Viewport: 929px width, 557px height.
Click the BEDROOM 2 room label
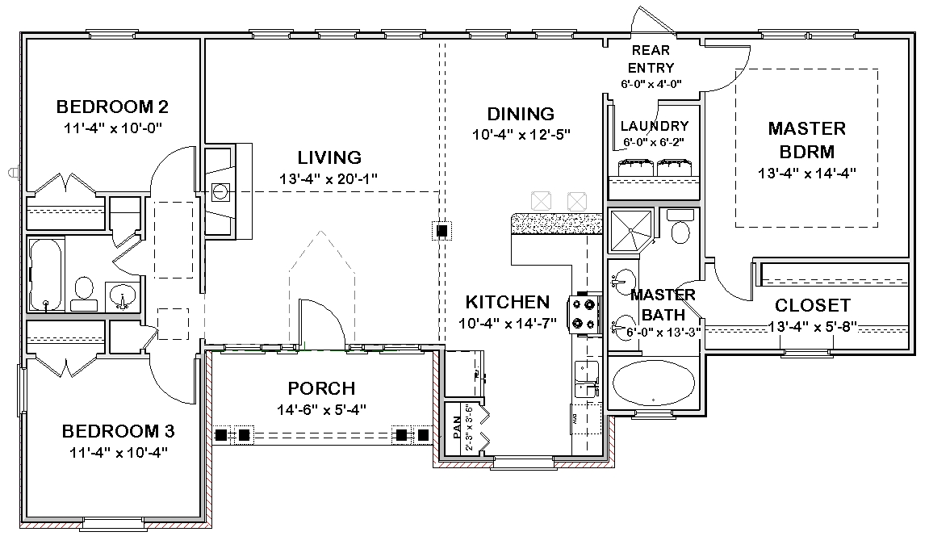click(x=112, y=107)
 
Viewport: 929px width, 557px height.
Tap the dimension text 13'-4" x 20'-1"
click(x=328, y=178)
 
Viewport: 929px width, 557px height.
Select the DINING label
click(x=521, y=114)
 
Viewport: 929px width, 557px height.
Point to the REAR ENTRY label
click(x=651, y=59)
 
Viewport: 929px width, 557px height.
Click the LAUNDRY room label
click(x=655, y=126)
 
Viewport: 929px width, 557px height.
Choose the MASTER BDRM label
click(x=807, y=140)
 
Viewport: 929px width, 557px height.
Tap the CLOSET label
click(x=813, y=305)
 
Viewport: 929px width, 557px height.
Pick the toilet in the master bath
click(x=680, y=226)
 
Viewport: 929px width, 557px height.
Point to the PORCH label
click(x=322, y=389)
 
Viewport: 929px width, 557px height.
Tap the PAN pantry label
click(x=457, y=427)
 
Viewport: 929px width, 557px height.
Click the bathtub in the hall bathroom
click(x=46, y=274)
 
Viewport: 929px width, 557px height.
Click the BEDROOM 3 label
click(x=119, y=431)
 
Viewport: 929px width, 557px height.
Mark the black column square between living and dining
click(x=441, y=231)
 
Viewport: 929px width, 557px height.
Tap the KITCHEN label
click(x=508, y=302)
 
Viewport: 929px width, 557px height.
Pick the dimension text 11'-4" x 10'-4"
click(x=119, y=453)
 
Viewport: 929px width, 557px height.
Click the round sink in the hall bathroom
click(x=123, y=295)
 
